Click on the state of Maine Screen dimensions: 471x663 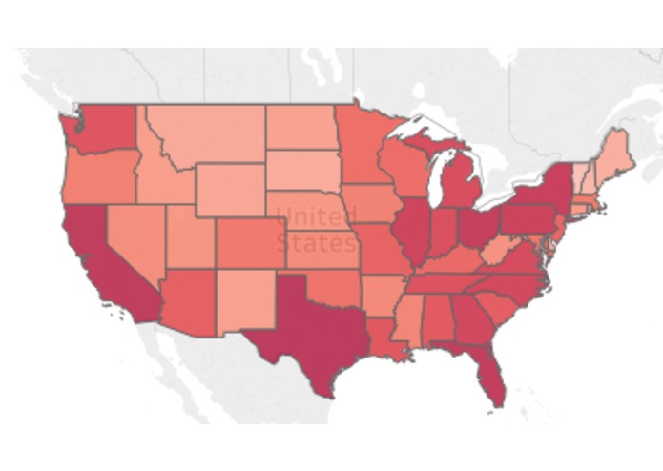coord(615,153)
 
